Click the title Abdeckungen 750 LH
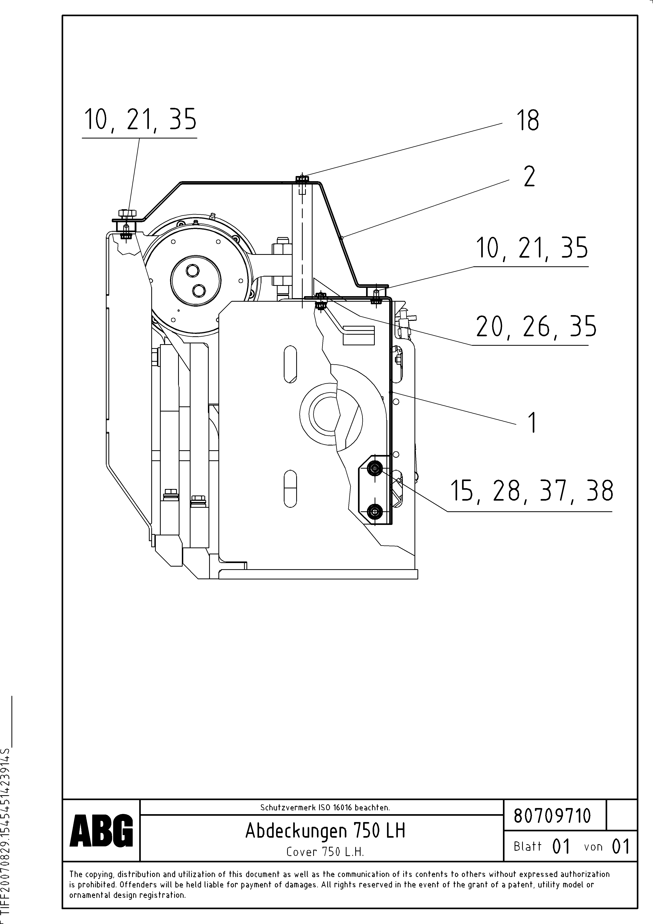click(x=325, y=831)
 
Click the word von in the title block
click(x=593, y=847)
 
